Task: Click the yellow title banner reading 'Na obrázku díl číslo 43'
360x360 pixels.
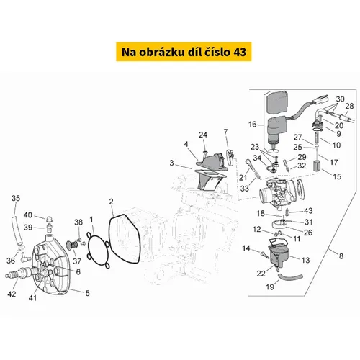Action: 184,52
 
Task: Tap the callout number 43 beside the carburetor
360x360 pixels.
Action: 308,211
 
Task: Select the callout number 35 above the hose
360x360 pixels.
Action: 16,198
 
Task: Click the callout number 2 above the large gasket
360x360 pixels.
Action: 111,202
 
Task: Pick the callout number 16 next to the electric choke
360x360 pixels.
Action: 253,125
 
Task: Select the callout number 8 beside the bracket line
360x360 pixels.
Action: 341,256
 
